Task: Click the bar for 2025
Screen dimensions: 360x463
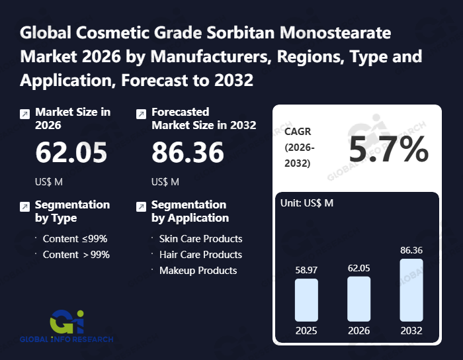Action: (306, 300)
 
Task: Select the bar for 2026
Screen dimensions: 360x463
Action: (358, 298)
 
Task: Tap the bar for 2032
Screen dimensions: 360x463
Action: (411, 290)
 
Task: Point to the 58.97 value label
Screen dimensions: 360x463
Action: (306, 269)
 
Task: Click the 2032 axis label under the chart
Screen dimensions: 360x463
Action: (411, 330)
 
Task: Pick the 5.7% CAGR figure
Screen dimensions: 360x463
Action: (389, 151)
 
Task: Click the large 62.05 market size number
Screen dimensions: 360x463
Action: (71, 153)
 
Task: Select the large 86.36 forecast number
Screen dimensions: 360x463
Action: (188, 153)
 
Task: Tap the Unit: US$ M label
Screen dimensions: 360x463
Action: (308, 202)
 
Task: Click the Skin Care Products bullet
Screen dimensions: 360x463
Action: (200, 239)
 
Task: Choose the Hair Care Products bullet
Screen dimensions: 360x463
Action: (200, 255)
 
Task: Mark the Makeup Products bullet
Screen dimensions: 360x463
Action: (198, 271)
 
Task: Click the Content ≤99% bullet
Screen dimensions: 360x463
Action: (75, 239)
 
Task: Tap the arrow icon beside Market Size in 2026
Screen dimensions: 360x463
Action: (24, 114)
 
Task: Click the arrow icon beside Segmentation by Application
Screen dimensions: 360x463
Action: (141, 206)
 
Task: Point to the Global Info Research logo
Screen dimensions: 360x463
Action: (66, 325)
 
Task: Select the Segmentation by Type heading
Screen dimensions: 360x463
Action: (72, 211)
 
